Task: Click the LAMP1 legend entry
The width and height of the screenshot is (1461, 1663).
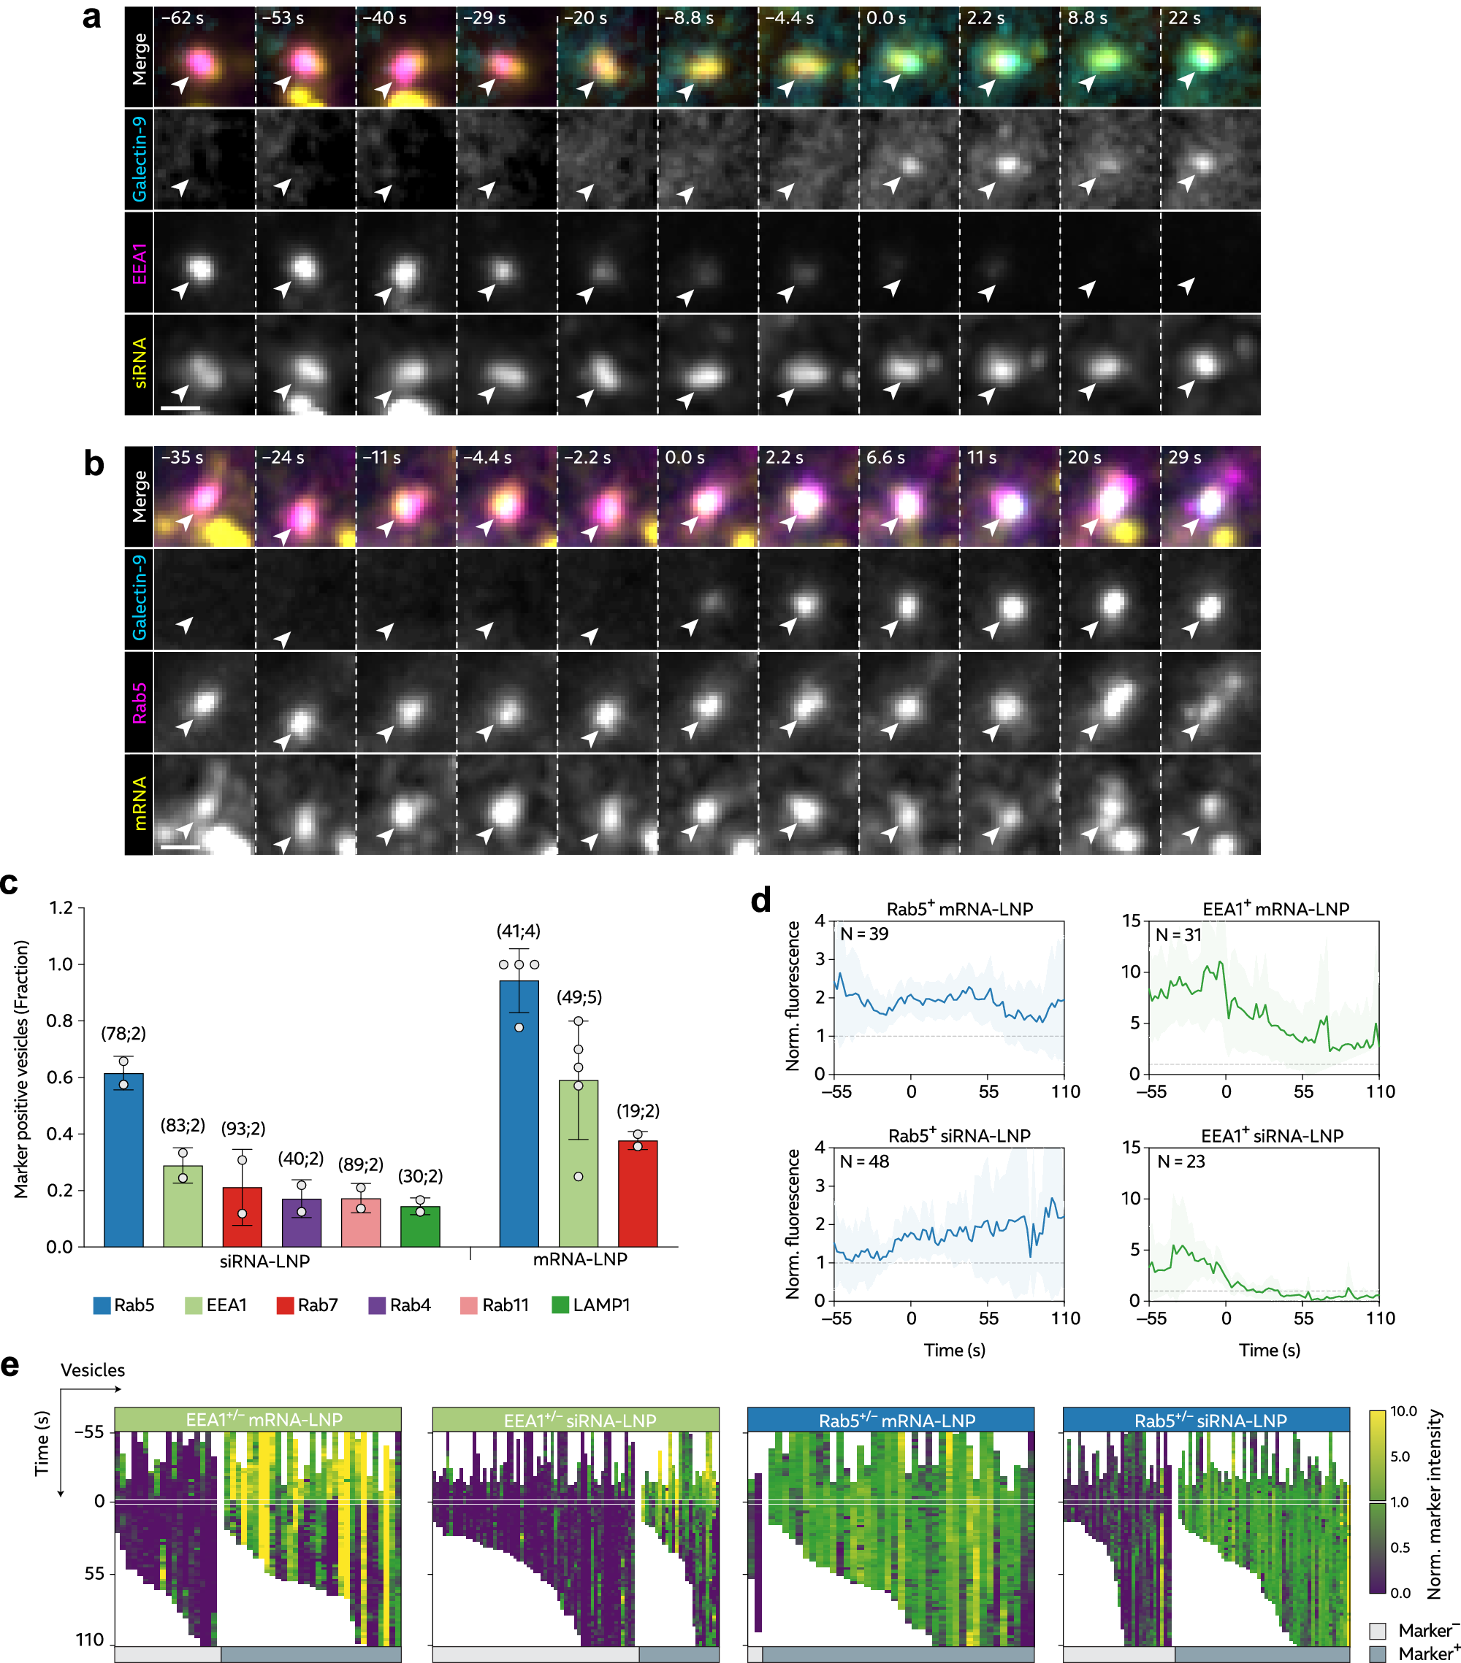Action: pos(591,1305)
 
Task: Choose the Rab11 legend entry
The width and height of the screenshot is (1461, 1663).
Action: pos(495,1305)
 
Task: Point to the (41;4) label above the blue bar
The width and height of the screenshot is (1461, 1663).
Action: pos(519,931)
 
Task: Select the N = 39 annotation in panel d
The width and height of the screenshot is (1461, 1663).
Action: pos(863,934)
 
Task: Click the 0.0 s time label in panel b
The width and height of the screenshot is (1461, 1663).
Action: pos(684,457)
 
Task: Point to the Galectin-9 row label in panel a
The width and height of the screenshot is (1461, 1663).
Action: pos(140,158)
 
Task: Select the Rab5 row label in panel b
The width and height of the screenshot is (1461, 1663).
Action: pos(140,702)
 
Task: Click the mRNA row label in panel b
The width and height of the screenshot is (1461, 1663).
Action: pos(140,803)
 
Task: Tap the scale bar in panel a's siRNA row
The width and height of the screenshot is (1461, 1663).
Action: pos(180,407)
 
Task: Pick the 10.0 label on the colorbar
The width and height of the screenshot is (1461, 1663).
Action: pos(1403,1412)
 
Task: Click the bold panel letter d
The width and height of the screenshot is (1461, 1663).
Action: pos(760,901)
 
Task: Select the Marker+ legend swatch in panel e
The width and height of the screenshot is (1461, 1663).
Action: pos(1377,1654)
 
